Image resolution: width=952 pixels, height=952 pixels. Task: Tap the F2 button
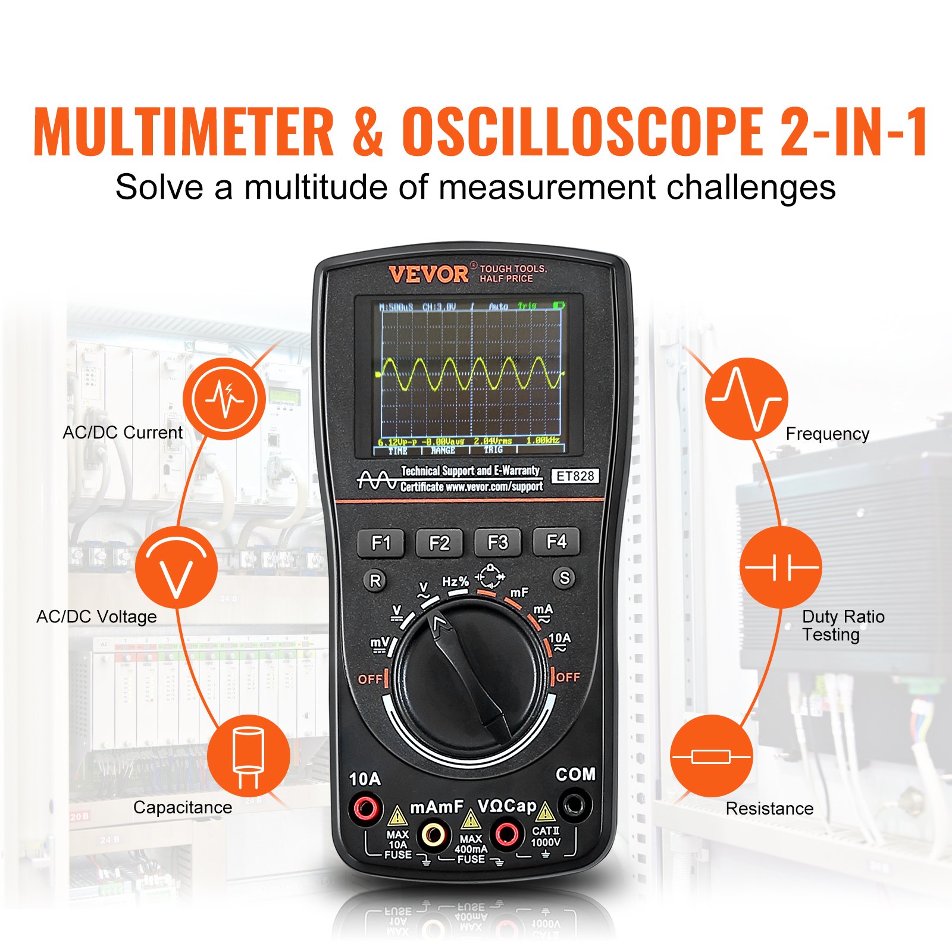point(439,543)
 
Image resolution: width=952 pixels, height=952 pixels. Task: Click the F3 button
point(497,542)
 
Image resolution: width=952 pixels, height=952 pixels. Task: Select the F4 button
point(556,541)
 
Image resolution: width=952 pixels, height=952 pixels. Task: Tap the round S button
point(564,578)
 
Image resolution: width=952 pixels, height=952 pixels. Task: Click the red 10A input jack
point(365,809)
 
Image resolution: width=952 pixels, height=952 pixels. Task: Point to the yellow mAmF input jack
point(433,835)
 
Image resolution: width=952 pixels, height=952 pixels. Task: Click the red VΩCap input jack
point(506,834)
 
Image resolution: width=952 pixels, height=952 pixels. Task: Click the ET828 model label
point(575,476)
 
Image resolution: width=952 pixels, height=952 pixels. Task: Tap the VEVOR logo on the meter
point(428,274)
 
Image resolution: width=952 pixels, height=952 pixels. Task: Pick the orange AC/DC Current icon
point(224,399)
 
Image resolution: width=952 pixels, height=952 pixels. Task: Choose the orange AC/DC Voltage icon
point(176,567)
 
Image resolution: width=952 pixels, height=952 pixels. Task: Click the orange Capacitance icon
point(249,756)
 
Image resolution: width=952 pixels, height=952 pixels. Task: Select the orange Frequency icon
point(746,399)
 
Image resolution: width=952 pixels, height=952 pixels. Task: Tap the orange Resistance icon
point(711,756)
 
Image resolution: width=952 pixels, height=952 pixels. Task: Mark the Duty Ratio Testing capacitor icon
point(781,567)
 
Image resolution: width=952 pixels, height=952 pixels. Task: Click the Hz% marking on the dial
point(455,581)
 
